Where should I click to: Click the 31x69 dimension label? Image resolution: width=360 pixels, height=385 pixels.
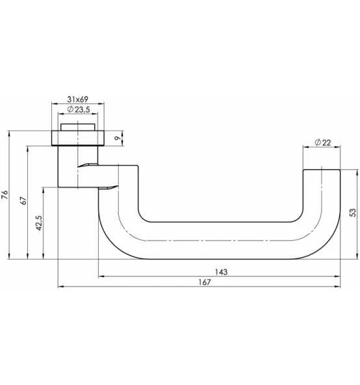point(77,99)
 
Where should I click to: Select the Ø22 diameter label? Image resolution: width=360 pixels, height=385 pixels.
point(322,142)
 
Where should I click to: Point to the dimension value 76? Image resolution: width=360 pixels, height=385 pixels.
point(5,194)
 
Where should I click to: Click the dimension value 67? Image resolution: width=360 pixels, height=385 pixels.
point(23,200)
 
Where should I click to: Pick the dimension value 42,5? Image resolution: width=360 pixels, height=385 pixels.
point(39,223)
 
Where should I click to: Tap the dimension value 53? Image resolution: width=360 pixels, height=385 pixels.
point(353,213)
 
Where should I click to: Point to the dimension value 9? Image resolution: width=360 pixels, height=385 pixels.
point(116,138)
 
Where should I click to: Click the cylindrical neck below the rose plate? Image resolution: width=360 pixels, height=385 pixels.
point(68,166)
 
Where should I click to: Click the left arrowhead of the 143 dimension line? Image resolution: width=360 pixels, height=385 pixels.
point(100,277)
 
